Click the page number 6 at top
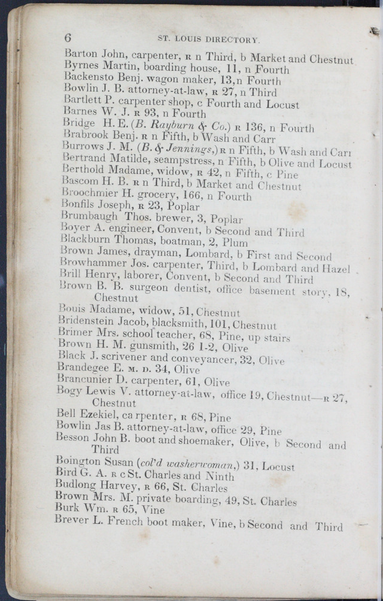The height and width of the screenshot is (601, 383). tap(68, 37)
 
